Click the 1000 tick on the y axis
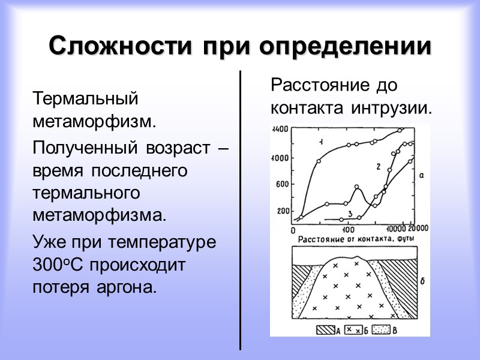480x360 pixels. tap(281, 157)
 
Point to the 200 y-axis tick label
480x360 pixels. tap(283, 211)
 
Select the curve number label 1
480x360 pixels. tap(322, 142)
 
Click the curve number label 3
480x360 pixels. tap(349, 213)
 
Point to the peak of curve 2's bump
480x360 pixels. tap(357, 187)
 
